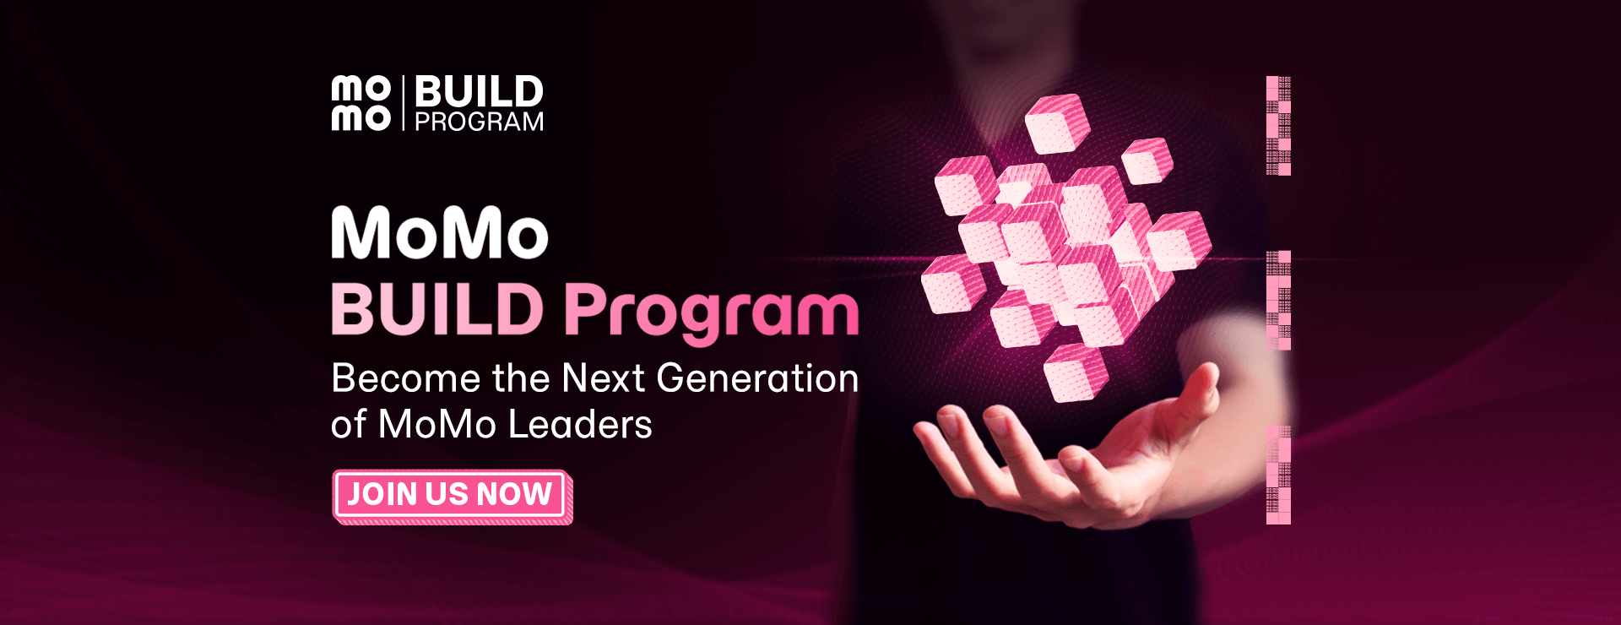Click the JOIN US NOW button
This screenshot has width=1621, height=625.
click(450, 495)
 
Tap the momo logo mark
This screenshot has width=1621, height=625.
click(361, 103)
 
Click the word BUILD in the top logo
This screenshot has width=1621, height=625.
click(479, 91)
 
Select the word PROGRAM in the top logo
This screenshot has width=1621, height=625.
click(479, 122)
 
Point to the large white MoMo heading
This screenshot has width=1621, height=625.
click(440, 233)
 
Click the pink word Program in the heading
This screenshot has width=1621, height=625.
click(712, 311)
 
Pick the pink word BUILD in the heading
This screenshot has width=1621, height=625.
click(437, 309)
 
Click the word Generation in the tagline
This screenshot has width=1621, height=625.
click(757, 378)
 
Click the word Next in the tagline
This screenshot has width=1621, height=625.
click(603, 378)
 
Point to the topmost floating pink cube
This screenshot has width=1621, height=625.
click(1057, 123)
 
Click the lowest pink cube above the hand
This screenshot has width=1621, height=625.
click(1076, 372)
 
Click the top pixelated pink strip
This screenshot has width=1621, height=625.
click(1278, 126)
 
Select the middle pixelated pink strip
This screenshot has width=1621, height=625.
click(1278, 300)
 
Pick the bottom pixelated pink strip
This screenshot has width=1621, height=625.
click(1278, 475)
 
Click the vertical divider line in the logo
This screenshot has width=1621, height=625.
click(404, 103)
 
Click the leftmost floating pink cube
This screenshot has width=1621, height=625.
click(952, 284)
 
